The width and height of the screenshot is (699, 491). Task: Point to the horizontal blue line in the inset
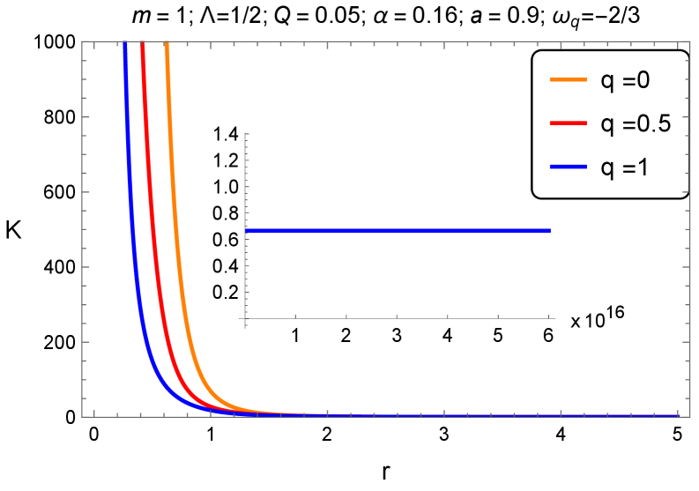(397, 230)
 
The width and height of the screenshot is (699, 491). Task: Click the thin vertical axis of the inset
(244, 176)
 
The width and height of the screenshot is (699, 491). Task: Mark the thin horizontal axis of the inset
(397, 318)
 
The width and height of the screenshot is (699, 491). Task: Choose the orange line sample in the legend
(569, 80)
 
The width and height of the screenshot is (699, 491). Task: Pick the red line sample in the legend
(569, 123)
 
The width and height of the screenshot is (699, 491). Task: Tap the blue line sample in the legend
(569, 167)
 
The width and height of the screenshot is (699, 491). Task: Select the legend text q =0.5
(636, 123)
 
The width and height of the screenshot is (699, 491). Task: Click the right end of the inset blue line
(550, 230)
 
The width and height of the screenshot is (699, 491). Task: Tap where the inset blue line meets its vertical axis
(245, 230)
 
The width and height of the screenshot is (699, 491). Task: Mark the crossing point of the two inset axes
(244, 318)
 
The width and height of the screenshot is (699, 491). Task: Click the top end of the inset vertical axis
(244, 133)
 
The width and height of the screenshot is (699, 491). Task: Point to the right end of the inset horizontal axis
(555, 318)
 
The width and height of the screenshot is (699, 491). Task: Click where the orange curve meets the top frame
(167, 41)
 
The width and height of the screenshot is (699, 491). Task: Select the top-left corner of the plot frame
(82, 41)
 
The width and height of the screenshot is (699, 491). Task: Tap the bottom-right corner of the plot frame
(688, 416)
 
